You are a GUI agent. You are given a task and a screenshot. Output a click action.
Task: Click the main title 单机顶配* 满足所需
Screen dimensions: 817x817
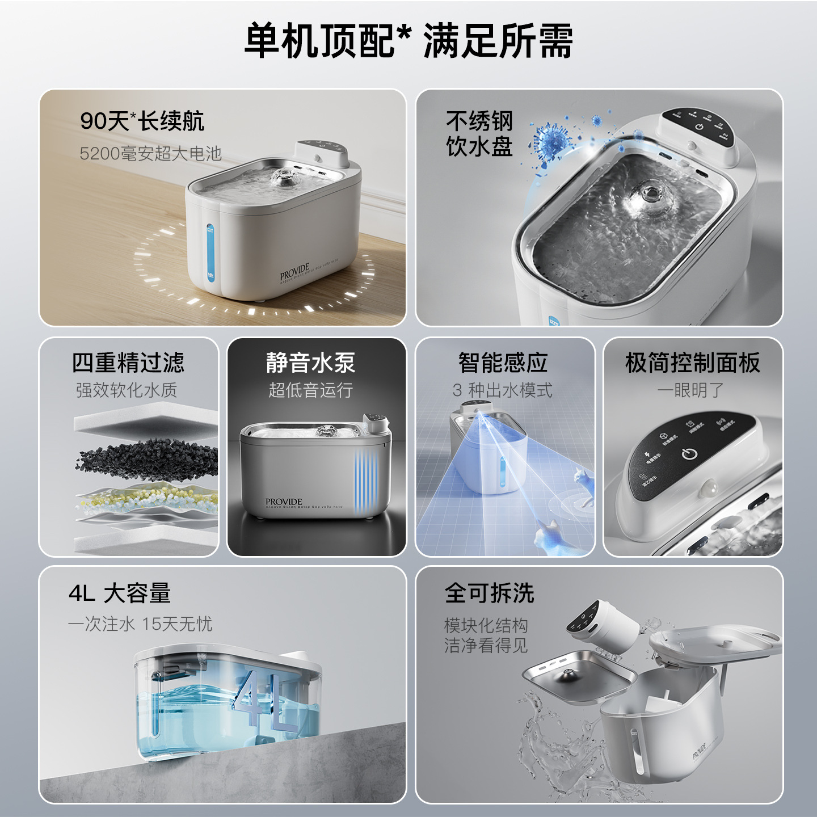(408, 41)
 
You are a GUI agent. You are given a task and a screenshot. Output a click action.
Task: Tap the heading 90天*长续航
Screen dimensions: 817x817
(142, 121)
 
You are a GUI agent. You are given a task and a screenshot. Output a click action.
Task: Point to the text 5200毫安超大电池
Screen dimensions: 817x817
(150, 153)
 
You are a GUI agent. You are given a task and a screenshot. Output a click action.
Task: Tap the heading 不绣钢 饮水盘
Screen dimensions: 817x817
(479, 134)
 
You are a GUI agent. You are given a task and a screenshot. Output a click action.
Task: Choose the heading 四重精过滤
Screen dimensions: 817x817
(128, 363)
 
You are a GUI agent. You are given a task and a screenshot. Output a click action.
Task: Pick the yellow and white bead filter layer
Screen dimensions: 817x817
(146, 499)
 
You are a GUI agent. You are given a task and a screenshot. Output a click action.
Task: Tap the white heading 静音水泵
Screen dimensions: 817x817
(310, 363)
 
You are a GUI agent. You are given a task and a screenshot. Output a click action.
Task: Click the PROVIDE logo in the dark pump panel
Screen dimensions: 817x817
(284, 502)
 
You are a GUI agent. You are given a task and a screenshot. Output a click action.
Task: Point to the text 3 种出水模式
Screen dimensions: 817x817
(502, 390)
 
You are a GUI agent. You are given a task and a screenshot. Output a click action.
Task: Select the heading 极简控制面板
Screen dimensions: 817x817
(692, 363)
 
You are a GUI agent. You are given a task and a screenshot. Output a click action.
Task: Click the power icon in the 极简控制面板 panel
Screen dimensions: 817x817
(689, 454)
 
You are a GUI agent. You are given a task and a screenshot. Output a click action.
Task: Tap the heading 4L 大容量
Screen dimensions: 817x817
(120, 593)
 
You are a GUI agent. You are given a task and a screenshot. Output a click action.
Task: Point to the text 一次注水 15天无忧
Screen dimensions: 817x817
(140, 624)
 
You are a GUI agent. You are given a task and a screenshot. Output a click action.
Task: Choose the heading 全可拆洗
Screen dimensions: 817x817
(489, 593)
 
